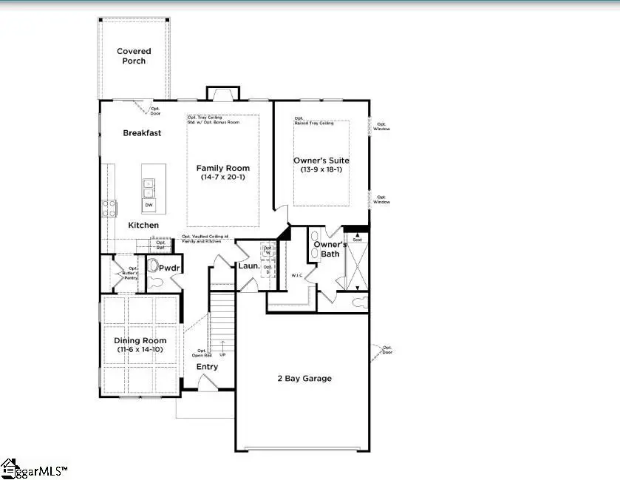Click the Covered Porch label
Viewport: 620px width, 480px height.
(134, 56)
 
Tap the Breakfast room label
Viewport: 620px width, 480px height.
(142, 133)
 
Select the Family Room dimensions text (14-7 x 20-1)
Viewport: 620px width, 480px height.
(222, 178)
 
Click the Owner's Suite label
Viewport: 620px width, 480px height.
(321, 160)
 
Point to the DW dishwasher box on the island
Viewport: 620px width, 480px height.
(149, 205)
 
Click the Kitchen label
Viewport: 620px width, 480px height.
(143, 225)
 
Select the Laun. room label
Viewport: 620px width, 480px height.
(247, 266)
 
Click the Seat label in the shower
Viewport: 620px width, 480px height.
(357, 239)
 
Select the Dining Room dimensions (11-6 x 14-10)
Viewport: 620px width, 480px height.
(140, 349)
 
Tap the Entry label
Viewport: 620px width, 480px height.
(207, 367)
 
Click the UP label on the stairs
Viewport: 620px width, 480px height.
(222, 355)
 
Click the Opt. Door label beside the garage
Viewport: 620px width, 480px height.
(386, 350)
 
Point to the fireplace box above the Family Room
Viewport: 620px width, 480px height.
(219, 94)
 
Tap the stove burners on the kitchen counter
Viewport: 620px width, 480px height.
(109, 207)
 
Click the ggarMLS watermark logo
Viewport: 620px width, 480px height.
(35, 470)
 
